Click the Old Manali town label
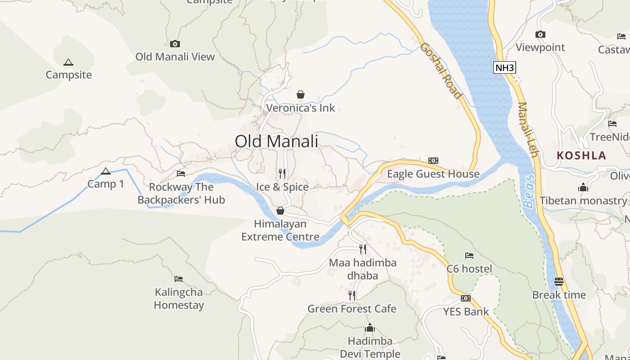tap(276, 141)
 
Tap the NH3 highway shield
tap(504, 68)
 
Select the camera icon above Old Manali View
tap(175, 44)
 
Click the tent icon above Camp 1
tap(106, 171)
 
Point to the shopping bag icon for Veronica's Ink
tap(301, 94)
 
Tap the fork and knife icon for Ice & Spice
tap(282, 174)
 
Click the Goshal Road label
tap(441, 71)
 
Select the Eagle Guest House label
tap(433, 174)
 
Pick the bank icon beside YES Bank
tap(466, 298)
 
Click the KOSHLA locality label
tap(581, 156)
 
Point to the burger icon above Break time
tap(559, 282)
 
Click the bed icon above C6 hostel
tap(469, 256)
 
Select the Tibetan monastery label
tap(583, 201)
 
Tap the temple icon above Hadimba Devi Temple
tap(370, 327)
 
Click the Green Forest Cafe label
tap(352, 309)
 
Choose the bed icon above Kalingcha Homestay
tap(179, 279)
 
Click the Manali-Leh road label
tap(528, 130)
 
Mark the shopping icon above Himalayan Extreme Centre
tap(280, 211)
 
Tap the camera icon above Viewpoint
tap(540, 34)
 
